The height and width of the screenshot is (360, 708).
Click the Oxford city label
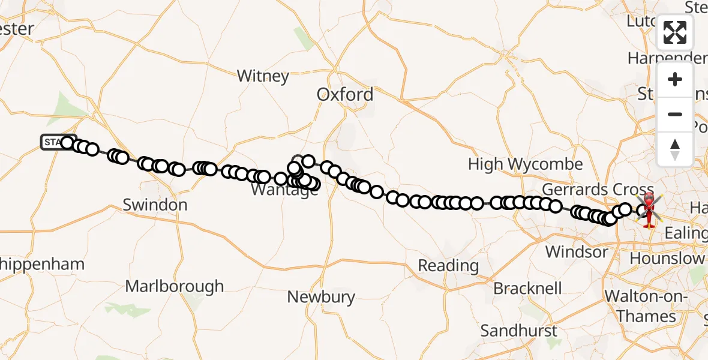coord(344,95)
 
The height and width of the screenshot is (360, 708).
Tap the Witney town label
coord(263,76)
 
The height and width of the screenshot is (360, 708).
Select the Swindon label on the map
coord(155,205)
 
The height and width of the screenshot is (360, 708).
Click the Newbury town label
coord(321,296)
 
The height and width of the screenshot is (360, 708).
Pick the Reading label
coord(448,265)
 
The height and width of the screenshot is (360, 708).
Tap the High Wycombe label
coord(525,164)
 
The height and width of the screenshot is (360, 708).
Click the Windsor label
coord(576,251)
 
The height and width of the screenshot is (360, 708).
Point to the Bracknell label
coord(527,289)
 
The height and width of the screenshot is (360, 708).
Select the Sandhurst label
coord(518,331)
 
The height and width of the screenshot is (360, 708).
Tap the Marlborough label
coord(175,286)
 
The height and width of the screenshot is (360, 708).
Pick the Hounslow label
coord(667,259)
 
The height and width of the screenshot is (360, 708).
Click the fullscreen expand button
coord(675,33)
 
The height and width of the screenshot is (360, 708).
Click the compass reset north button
coord(675,149)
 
